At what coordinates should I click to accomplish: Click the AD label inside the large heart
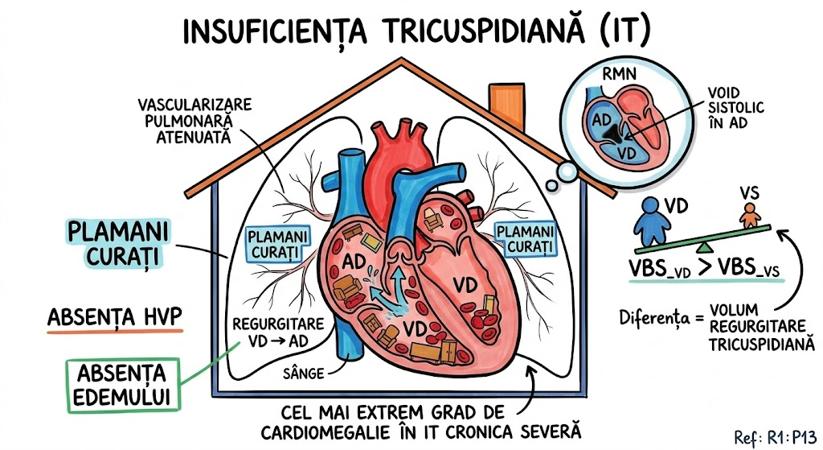pos(354,262)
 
